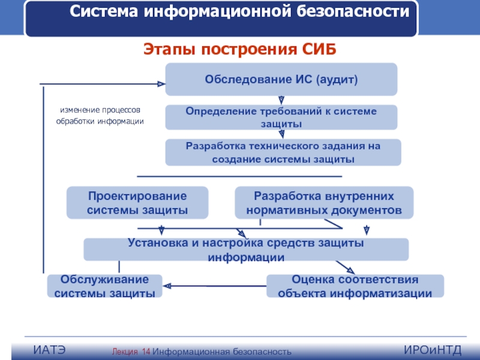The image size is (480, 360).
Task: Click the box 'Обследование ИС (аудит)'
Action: [281, 79]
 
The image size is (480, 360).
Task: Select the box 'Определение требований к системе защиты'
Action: [281, 117]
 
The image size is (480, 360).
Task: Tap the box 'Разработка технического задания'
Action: [283, 152]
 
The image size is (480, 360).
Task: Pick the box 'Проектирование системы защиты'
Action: [137, 203]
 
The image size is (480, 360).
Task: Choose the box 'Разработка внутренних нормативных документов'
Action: [324, 203]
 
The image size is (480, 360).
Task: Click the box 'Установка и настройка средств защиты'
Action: [246, 250]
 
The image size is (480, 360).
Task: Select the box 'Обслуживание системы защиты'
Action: [105, 286]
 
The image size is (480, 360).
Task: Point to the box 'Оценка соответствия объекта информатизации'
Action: [355, 286]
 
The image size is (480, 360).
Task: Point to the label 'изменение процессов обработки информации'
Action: [100, 116]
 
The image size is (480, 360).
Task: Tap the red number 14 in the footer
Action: [146, 351]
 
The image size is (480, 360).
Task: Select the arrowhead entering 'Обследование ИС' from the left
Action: [160, 83]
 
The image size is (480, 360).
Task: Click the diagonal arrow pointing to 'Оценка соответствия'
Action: [344, 267]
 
